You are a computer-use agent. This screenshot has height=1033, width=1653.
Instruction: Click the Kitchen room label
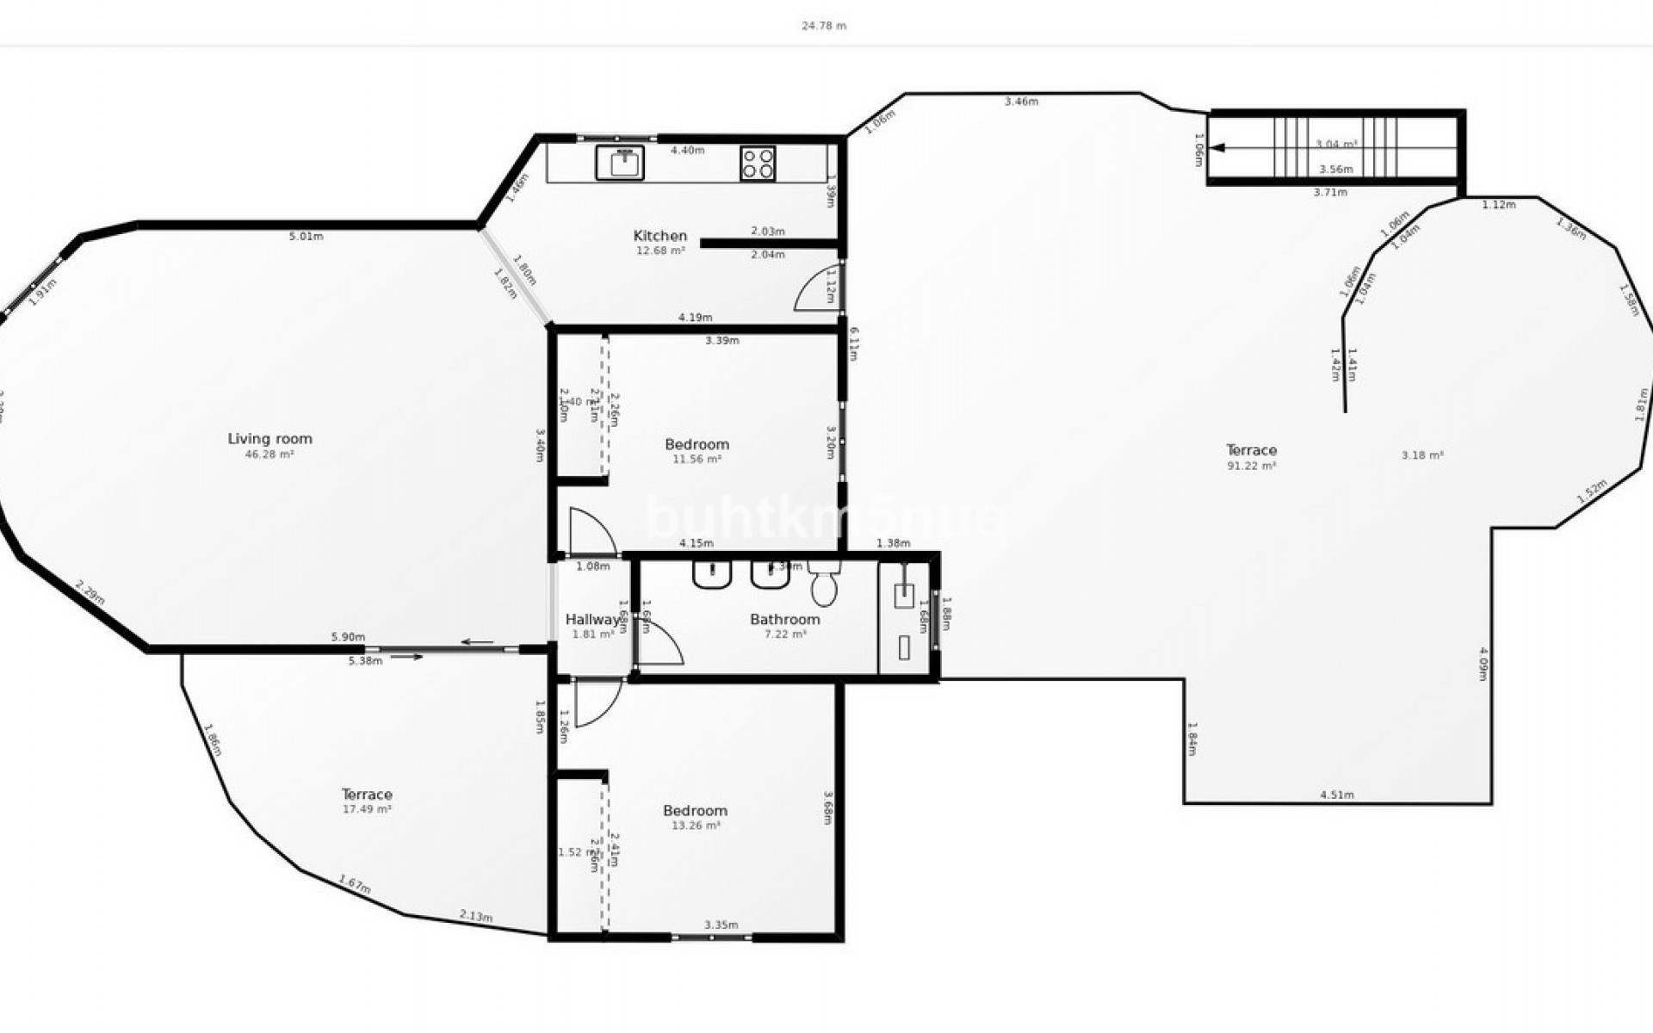(660, 236)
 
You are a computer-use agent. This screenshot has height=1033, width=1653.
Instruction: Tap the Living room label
(269, 439)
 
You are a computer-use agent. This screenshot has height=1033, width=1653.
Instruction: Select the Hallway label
(591, 620)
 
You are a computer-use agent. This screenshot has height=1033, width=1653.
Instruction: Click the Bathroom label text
(784, 619)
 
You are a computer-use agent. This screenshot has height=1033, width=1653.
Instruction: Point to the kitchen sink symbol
(620, 163)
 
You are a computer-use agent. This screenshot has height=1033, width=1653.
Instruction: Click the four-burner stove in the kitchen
(758, 164)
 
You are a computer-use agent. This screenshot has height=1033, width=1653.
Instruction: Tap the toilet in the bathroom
(824, 587)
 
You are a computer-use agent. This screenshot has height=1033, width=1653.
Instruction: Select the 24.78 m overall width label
(824, 26)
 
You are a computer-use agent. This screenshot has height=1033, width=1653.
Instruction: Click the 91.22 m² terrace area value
(1251, 466)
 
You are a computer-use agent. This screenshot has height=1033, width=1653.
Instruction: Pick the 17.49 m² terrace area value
(367, 809)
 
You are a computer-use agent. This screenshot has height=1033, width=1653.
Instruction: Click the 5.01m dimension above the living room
(306, 236)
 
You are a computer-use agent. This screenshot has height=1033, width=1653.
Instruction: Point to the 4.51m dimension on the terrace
(1336, 795)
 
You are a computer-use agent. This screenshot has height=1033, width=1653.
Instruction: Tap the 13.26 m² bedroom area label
(696, 826)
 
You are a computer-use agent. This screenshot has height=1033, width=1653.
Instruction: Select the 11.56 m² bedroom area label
(696, 460)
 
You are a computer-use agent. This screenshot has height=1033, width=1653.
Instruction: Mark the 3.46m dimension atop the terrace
(1021, 102)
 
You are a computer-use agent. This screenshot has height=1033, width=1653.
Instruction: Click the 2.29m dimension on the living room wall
(90, 594)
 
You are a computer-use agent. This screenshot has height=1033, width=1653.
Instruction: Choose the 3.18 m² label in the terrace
(1422, 455)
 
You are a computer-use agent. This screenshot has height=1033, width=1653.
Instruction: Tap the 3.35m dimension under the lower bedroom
(721, 925)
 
